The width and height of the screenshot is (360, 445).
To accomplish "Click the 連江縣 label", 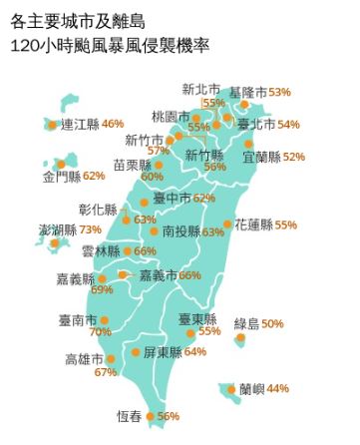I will tap(80, 124).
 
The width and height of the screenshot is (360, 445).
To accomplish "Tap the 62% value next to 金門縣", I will tap(94, 176).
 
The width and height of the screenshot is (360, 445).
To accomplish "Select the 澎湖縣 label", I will tap(58, 229).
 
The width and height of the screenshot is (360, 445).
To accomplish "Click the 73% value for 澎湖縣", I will tap(91, 229).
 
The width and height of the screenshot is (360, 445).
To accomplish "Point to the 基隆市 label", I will tap(247, 92).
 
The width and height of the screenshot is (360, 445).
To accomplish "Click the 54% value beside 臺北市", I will tap(288, 125).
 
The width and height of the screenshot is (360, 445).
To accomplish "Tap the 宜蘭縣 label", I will tap(261, 157).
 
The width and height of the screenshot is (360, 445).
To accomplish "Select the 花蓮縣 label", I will tap(253, 225).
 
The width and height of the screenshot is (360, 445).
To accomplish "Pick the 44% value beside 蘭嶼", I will tap(278, 388).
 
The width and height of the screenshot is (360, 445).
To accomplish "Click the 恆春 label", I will tap(129, 416).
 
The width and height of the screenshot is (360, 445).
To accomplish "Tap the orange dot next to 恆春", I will tap(151, 416).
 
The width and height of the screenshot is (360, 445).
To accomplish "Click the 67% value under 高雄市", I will tap(106, 372).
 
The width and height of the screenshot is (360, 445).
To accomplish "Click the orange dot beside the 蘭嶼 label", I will tap(231, 389).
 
